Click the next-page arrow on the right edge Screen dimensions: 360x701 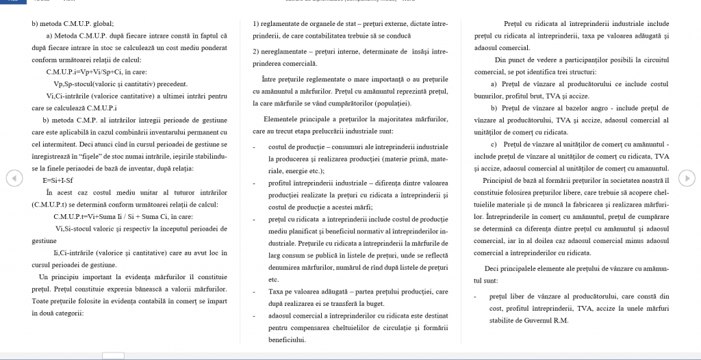(x=687, y=178)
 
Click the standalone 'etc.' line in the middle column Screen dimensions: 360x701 (x=274, y=279)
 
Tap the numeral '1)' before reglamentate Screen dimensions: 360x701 (x=257, y=23)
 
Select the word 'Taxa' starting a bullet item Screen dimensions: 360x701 (x=277, y=291)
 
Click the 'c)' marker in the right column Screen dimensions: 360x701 (x=494, y=144)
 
